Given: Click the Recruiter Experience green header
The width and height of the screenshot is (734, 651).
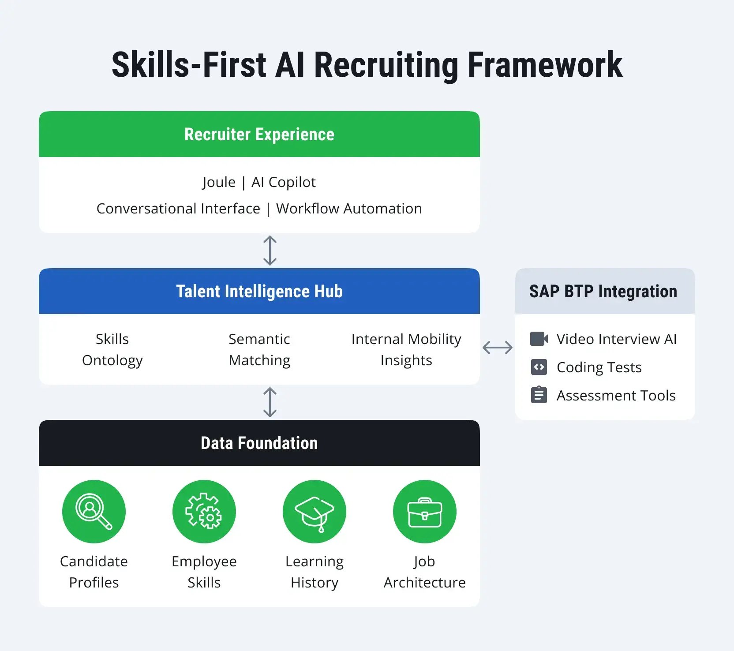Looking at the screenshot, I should coord(259,135).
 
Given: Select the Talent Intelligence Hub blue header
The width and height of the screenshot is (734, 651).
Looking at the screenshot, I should coord(259,292).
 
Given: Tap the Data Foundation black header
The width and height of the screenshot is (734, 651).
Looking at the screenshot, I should coord(259,443).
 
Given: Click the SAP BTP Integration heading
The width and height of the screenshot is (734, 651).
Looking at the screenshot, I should coord(603,292).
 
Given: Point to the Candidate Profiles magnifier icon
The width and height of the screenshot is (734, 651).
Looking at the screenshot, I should coord(94,511).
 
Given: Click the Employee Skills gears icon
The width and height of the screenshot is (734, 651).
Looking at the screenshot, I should coord(204,511).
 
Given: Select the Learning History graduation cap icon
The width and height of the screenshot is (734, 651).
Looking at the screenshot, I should coord(314,511).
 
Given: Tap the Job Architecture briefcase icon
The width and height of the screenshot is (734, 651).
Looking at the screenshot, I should coord(424,511).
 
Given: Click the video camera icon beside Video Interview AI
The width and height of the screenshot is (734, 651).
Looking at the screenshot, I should coord(539,339).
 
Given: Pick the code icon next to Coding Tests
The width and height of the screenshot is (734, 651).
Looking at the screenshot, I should coord(539,367).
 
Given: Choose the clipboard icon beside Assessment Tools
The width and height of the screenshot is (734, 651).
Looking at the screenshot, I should coord(539,395).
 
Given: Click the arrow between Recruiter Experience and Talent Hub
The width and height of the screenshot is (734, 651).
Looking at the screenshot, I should coord(270,251).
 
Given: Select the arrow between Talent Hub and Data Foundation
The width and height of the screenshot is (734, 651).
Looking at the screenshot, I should coord(270,402).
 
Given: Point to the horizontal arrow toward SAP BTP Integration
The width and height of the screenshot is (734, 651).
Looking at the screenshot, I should coord(498,348).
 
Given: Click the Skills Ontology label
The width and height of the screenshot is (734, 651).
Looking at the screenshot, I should coord(112,349).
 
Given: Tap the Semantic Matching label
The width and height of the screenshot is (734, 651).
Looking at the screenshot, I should coord(259,349).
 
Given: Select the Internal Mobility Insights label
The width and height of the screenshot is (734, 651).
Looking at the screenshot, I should coord(406,349).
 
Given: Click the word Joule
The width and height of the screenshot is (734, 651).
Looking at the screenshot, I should coord(219,182).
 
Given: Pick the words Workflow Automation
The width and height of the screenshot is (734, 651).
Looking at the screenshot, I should coord(349,209).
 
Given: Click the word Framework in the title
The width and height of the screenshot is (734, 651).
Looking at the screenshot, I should coord(545,65).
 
